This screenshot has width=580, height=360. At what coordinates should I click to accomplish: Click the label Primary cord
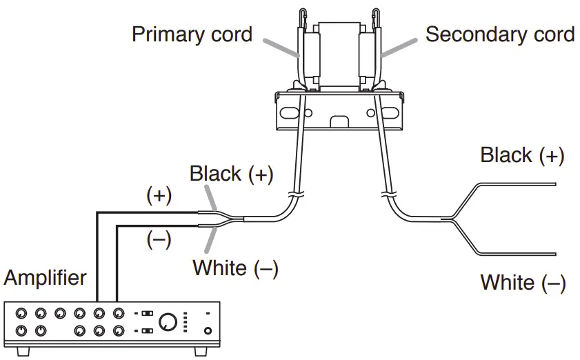click(x=192, y=34)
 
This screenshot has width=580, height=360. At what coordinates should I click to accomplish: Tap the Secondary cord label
click(x=500, y=34)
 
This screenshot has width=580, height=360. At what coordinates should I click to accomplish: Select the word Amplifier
click(x=45, y=277)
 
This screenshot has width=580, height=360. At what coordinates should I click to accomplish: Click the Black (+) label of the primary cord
click(x=232, y=174)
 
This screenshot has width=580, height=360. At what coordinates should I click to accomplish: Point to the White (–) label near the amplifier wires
click(x=235, y=268)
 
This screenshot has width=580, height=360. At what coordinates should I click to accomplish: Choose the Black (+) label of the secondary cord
click(x=522, y=154)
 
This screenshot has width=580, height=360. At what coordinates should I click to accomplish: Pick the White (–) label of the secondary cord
click(x=523, y=283)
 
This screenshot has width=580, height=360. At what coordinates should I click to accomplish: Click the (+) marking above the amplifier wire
click(x=159, y=195)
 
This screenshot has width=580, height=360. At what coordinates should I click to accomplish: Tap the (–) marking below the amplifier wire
click(x=159, y=239)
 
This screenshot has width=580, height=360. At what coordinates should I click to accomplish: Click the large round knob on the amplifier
click(x=168, y=322)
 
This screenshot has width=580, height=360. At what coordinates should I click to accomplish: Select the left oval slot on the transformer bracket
click(x=290, y=112)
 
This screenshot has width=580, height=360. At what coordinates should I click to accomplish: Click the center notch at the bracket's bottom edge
click(x=339, y=123)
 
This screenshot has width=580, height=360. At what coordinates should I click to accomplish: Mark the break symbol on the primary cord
click(x=296, y=194)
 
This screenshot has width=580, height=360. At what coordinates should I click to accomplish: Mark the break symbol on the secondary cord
click(x=389, y=194)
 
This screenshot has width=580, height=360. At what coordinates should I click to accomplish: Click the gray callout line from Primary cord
click(x=281, y=48)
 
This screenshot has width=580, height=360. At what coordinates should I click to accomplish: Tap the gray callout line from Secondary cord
click(x=399, y=48)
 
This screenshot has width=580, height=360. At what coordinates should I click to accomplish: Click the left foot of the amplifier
click(x=23, y=352)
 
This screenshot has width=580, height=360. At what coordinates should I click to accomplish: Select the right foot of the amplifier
click(x=201, y=352)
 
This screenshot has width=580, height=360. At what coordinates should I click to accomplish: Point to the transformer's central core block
click(x=339, y=54)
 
